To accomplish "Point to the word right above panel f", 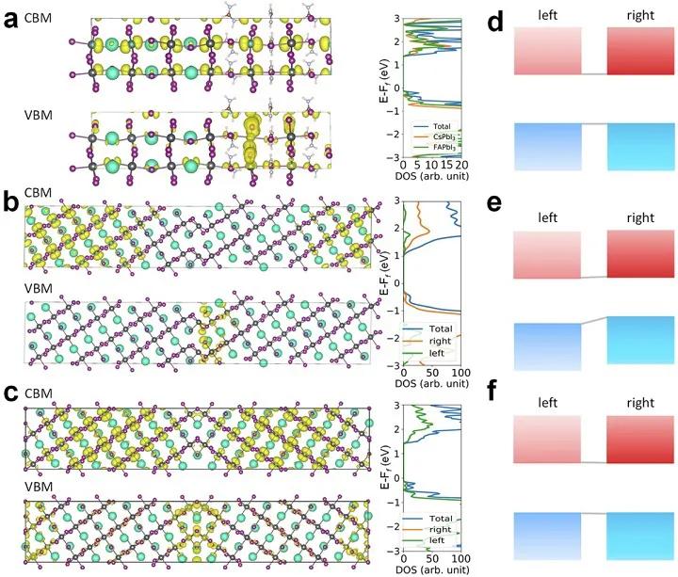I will click(x=639, y=399).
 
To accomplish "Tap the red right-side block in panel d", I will click(x=639, y=51).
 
